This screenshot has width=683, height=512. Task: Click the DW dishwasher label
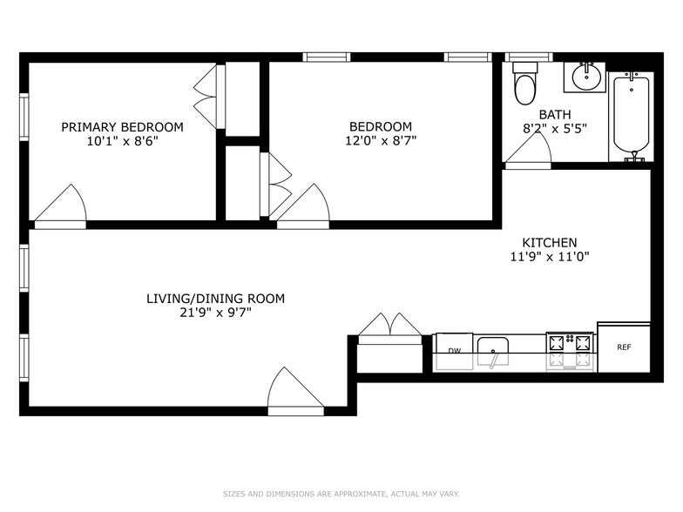pyautogui.click(x=454, y=351)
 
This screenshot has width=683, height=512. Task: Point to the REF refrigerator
pyautogui.click(x=624, y=347)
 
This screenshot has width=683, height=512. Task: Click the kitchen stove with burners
pyautogui.click(x=570, y=350)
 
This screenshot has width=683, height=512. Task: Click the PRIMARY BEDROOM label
pyautogui.click(x=122, y=127)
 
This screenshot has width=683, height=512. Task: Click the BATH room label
pyautogui.click(x=554, y=114)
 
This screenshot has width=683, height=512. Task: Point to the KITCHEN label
pyautogui.click(x=549, y=242)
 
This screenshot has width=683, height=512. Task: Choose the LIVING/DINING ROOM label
pyautogui.click(x=215, y=299)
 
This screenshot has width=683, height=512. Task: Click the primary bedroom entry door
pyautogui.click(x=61, y=207)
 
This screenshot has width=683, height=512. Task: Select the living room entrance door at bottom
pyautogui.click(x=295, y=390)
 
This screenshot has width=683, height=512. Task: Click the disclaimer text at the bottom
pyautogui.click(x=341, y=494)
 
